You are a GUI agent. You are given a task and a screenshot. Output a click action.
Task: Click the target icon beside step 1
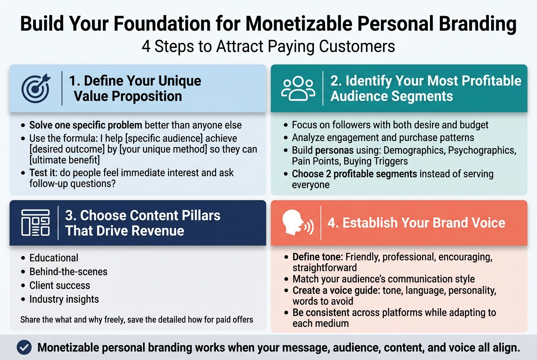36,88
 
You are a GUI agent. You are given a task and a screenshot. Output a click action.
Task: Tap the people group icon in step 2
298,88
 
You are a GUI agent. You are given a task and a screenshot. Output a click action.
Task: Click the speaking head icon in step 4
297,222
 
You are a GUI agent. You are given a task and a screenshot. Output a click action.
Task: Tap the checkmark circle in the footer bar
24,347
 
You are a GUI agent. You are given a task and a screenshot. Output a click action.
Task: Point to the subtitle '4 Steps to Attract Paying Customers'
268,46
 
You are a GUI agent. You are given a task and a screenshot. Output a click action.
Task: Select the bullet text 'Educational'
54,258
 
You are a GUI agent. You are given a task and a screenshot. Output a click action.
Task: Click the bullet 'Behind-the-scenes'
68,271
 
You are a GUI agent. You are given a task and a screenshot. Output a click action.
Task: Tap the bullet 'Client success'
59,285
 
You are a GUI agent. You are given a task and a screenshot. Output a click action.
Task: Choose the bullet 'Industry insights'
64,299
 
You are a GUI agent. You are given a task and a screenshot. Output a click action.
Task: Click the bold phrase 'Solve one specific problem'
86,125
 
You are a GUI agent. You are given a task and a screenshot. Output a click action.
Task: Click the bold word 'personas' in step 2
332,150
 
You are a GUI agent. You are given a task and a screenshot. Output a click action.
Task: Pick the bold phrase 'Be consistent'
321,313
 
